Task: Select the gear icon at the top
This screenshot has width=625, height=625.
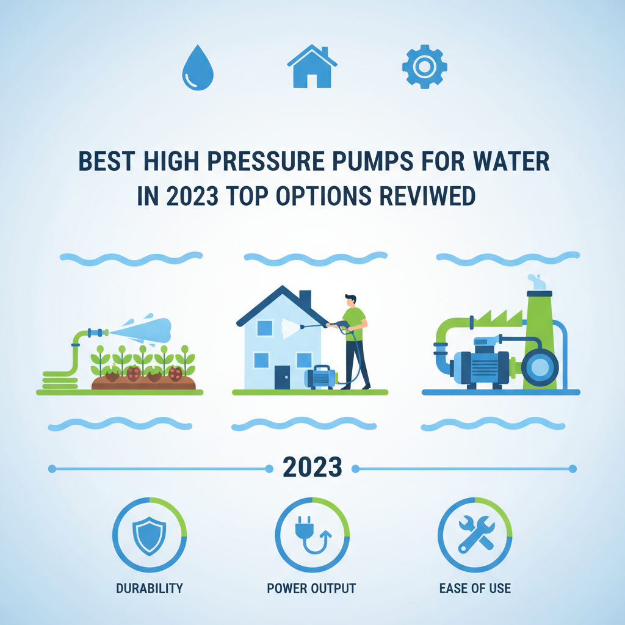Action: pyautogui.click(x=425, y=66)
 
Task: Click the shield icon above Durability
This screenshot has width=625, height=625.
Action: pyautogui.click(x=149, y=534)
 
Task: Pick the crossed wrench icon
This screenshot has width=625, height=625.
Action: pyautogui.click(x=475, y=534)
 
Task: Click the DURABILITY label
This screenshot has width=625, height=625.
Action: pyautogui.click(x=149, y=588)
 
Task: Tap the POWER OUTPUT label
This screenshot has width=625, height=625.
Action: pyautogui.click(x=311, y=588)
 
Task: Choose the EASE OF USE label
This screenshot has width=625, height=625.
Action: pyautogui.click(x=475, y=588)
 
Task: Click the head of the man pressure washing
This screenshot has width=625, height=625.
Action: pyautogui.click(x=351, y=301)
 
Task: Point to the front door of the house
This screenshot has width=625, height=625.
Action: pyautogui.click(x=282, y=377)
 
